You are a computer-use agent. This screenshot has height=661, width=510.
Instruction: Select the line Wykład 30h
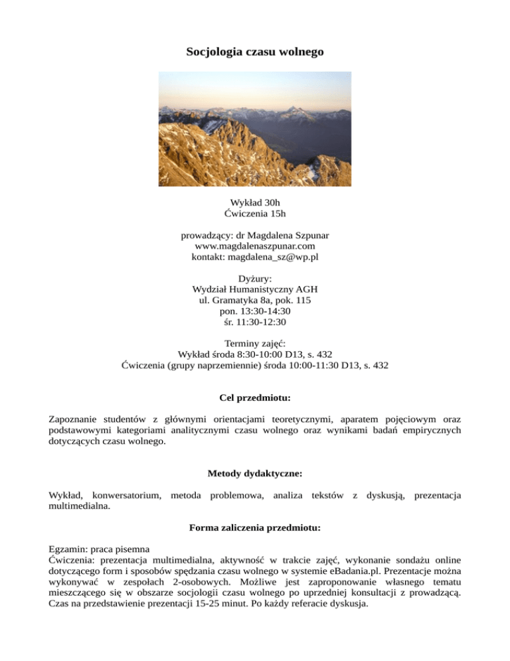point(255,201)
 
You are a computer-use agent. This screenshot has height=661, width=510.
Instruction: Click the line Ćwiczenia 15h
point(255,213)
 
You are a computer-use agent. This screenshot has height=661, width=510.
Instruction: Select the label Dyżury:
point(255,279)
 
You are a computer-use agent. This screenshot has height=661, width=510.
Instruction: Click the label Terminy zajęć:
point(255,343)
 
